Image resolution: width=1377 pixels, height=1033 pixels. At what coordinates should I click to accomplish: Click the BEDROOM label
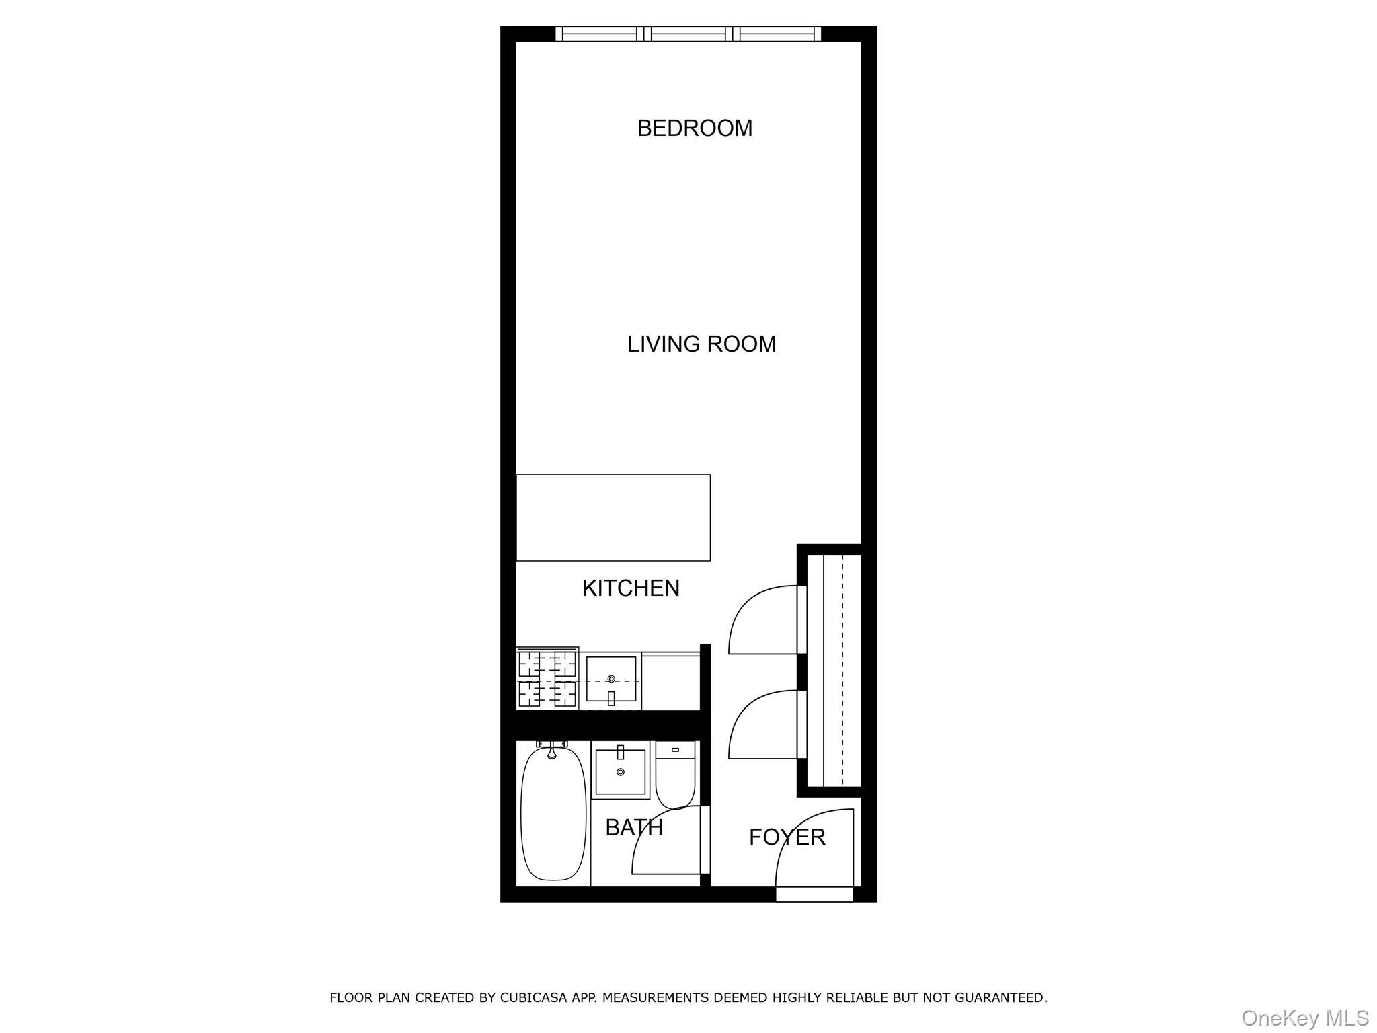[695, 128]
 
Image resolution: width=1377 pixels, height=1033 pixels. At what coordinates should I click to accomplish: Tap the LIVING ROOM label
[701, 344]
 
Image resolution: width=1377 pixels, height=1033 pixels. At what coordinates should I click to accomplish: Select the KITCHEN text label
[631, 588]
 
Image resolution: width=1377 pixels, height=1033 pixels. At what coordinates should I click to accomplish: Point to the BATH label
[633, 827]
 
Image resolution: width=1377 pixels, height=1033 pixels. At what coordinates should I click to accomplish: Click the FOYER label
[787, 837]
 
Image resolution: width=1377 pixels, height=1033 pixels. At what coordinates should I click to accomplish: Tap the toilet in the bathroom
[675, 777]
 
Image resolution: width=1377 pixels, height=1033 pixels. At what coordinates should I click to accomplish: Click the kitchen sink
[611, 679]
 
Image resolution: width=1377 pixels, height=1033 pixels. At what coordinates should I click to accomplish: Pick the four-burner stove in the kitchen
[547, 679]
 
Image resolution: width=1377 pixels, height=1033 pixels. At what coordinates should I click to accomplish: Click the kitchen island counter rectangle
[613, 517]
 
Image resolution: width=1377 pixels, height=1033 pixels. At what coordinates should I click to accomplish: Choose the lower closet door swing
[763, 725]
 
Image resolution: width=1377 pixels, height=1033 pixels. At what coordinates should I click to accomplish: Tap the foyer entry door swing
[814, 849]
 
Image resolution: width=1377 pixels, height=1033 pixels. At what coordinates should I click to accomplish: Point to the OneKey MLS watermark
[1304, 1018]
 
